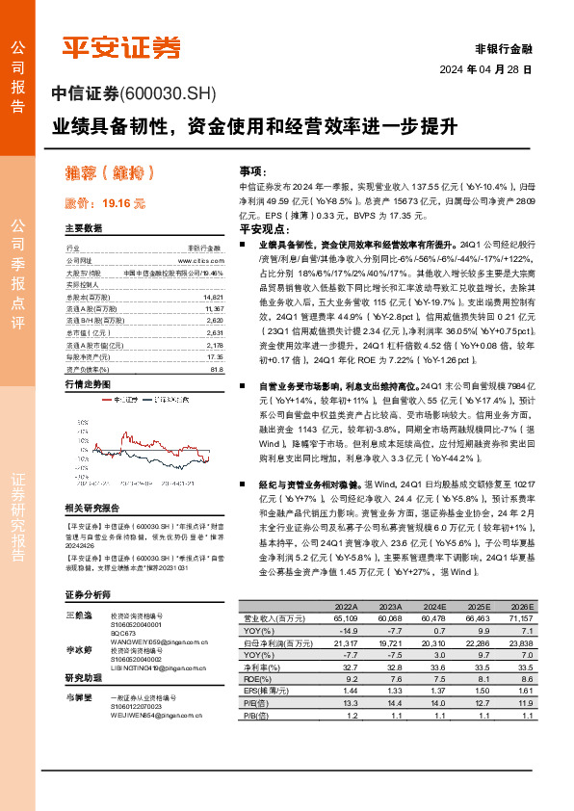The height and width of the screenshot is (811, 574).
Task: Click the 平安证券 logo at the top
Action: click(x=121, y=46)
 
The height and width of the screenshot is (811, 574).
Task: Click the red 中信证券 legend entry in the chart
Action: click(x=117, y=398)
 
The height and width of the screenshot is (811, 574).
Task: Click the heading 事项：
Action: click(x=251, y=170)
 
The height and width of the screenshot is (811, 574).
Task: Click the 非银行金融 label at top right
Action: click(x=504, y=48)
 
